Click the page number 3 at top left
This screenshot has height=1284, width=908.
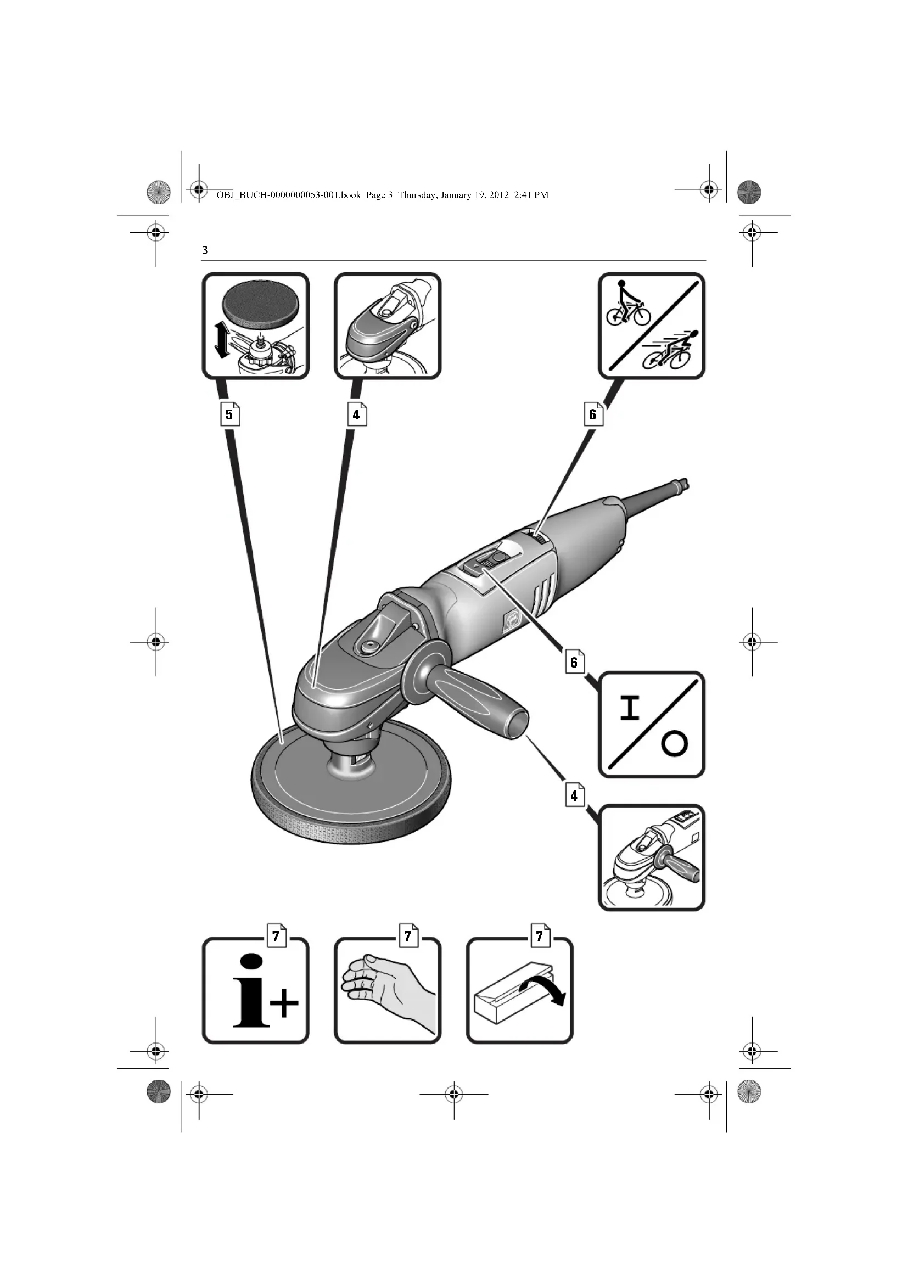coord(205,250)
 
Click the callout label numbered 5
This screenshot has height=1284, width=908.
coord(230,414)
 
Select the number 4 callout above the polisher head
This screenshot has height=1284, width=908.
coord(357,414)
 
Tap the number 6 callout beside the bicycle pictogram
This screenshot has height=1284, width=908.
coord(593,414)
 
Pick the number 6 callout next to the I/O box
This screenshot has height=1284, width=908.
coord(574,662)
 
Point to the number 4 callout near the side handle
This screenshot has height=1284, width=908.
coord(574,795)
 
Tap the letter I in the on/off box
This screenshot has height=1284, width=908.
coord(630,707)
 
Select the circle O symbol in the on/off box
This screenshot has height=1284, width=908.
coord(674,745)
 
